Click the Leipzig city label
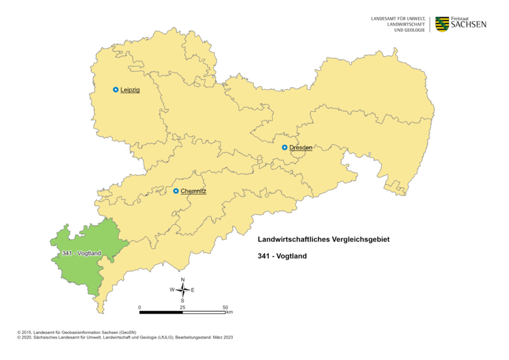[130, 90]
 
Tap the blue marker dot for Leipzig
[116, 90]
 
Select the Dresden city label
[301, 147]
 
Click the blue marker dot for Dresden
[285, 147]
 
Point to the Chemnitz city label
[194, 191]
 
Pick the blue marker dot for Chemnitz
[176, 191]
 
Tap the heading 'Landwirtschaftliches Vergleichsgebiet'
[324, 239]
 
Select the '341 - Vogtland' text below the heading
[283, 256]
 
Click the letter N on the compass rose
[183, 280]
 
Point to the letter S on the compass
[183, 300]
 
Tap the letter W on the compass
[172, 290]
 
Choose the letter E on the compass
[193, 290]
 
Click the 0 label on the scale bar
[140, 307]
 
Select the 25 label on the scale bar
[183, 307]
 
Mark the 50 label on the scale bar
[225, 307]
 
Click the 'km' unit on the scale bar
[229, 313]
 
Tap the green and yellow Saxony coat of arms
[442, 24]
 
